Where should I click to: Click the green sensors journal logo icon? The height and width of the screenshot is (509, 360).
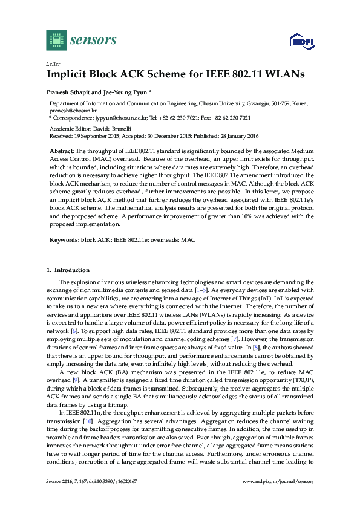(x=56, y=39)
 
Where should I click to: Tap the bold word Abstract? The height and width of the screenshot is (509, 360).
(x=62, y=149)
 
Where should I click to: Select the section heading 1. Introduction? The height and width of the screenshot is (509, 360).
(x=68, y=270)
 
